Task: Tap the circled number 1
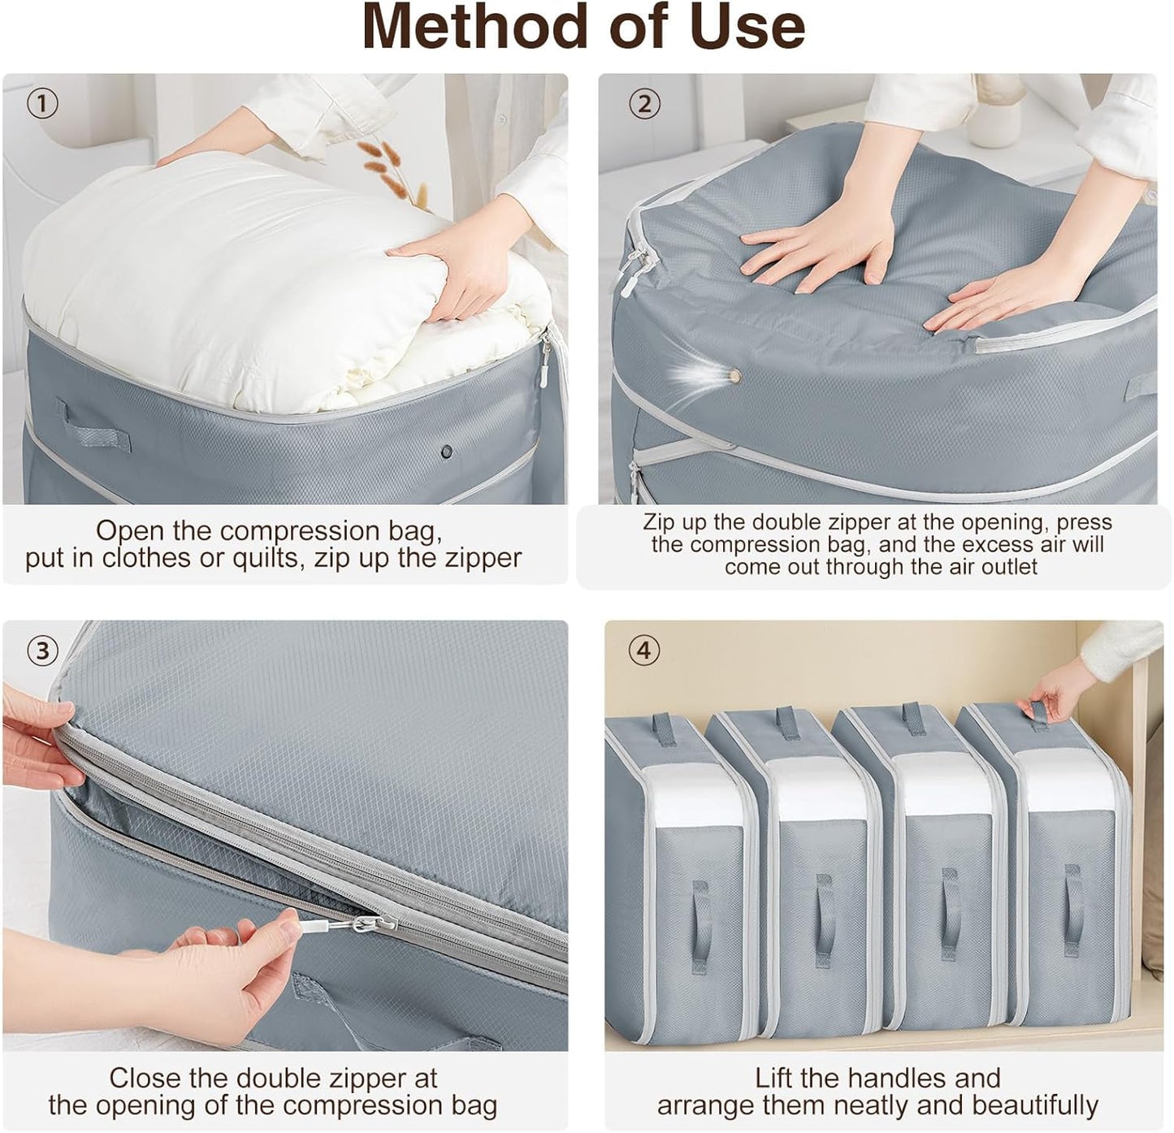click(42, 103)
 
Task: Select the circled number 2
click(644, 103)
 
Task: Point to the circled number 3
click(42, 650)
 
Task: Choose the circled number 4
click(644, 650)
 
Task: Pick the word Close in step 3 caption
click(144, 1078)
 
